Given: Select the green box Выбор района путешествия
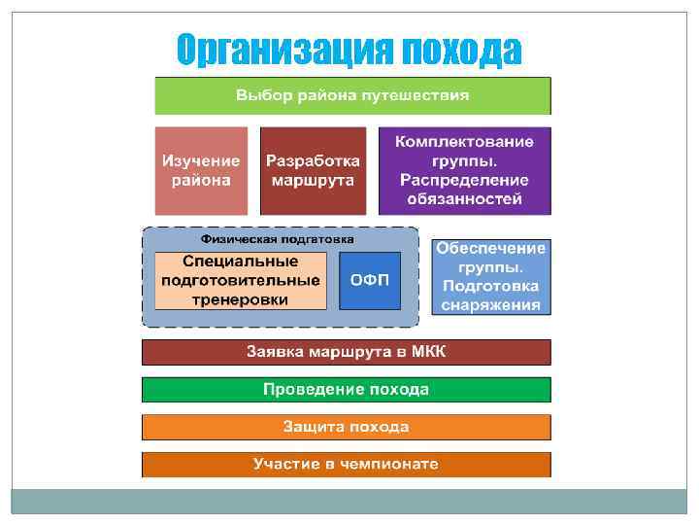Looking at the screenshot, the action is pos(352,95).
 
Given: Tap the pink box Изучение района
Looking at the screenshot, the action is pos(201,170).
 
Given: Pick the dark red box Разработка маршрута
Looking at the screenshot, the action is pos(313,170).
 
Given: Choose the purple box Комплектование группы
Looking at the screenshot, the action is pos(464,170).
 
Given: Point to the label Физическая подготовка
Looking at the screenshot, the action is pos(277,238).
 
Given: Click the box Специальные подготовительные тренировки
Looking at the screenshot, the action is pos(241,280).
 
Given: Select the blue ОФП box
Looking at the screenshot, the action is pos(370,280).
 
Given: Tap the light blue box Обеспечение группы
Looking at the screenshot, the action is pos(490,276).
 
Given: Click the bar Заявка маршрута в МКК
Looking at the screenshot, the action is pos(346,351).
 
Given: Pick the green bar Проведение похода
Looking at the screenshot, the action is pos(346,389).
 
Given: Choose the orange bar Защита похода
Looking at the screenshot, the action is pos(346,427).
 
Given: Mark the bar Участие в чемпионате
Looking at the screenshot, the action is pos(346,464).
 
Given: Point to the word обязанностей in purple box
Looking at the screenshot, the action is pos(464,198).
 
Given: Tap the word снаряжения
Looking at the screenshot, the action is pos(490,304).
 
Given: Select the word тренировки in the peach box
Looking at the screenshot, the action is pos(241,299).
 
